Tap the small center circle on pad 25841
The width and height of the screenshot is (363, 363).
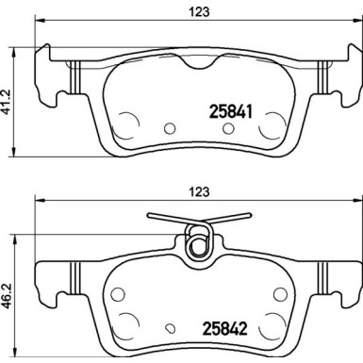(170, 129)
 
